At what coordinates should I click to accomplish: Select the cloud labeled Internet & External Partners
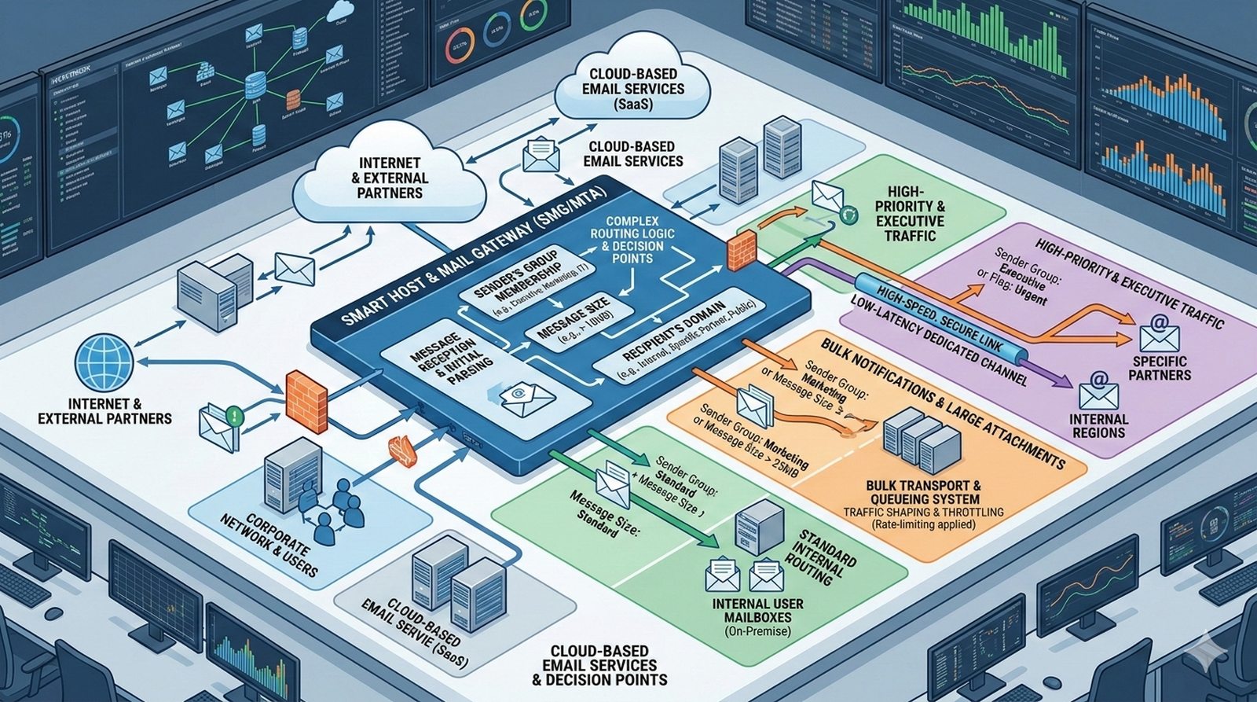(x=388, y=179)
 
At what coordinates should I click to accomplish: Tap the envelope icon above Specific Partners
(x=1159, y=335)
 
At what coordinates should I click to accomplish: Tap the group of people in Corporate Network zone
(x=339, y=503)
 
